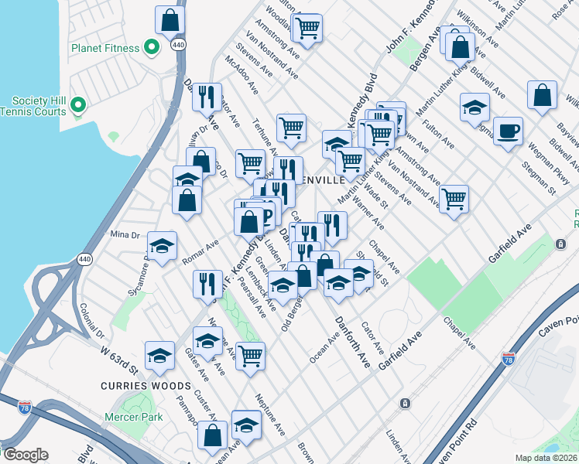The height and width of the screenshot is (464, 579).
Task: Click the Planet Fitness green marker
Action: tap(152, 48)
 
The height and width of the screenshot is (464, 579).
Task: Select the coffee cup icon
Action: tap(508, 131)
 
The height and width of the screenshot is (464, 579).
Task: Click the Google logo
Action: tap(26, 455)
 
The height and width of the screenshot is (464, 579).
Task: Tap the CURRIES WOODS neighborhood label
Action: tap(145, 385)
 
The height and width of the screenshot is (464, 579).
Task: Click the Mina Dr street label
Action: tap(124, 234)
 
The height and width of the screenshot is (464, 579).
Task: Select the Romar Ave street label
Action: tap(200, 252)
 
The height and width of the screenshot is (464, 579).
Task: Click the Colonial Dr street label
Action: tap(91, 321)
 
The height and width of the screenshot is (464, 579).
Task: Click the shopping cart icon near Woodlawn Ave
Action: tap(308, 29)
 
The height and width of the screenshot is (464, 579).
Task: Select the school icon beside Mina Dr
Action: tap(162, 246)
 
